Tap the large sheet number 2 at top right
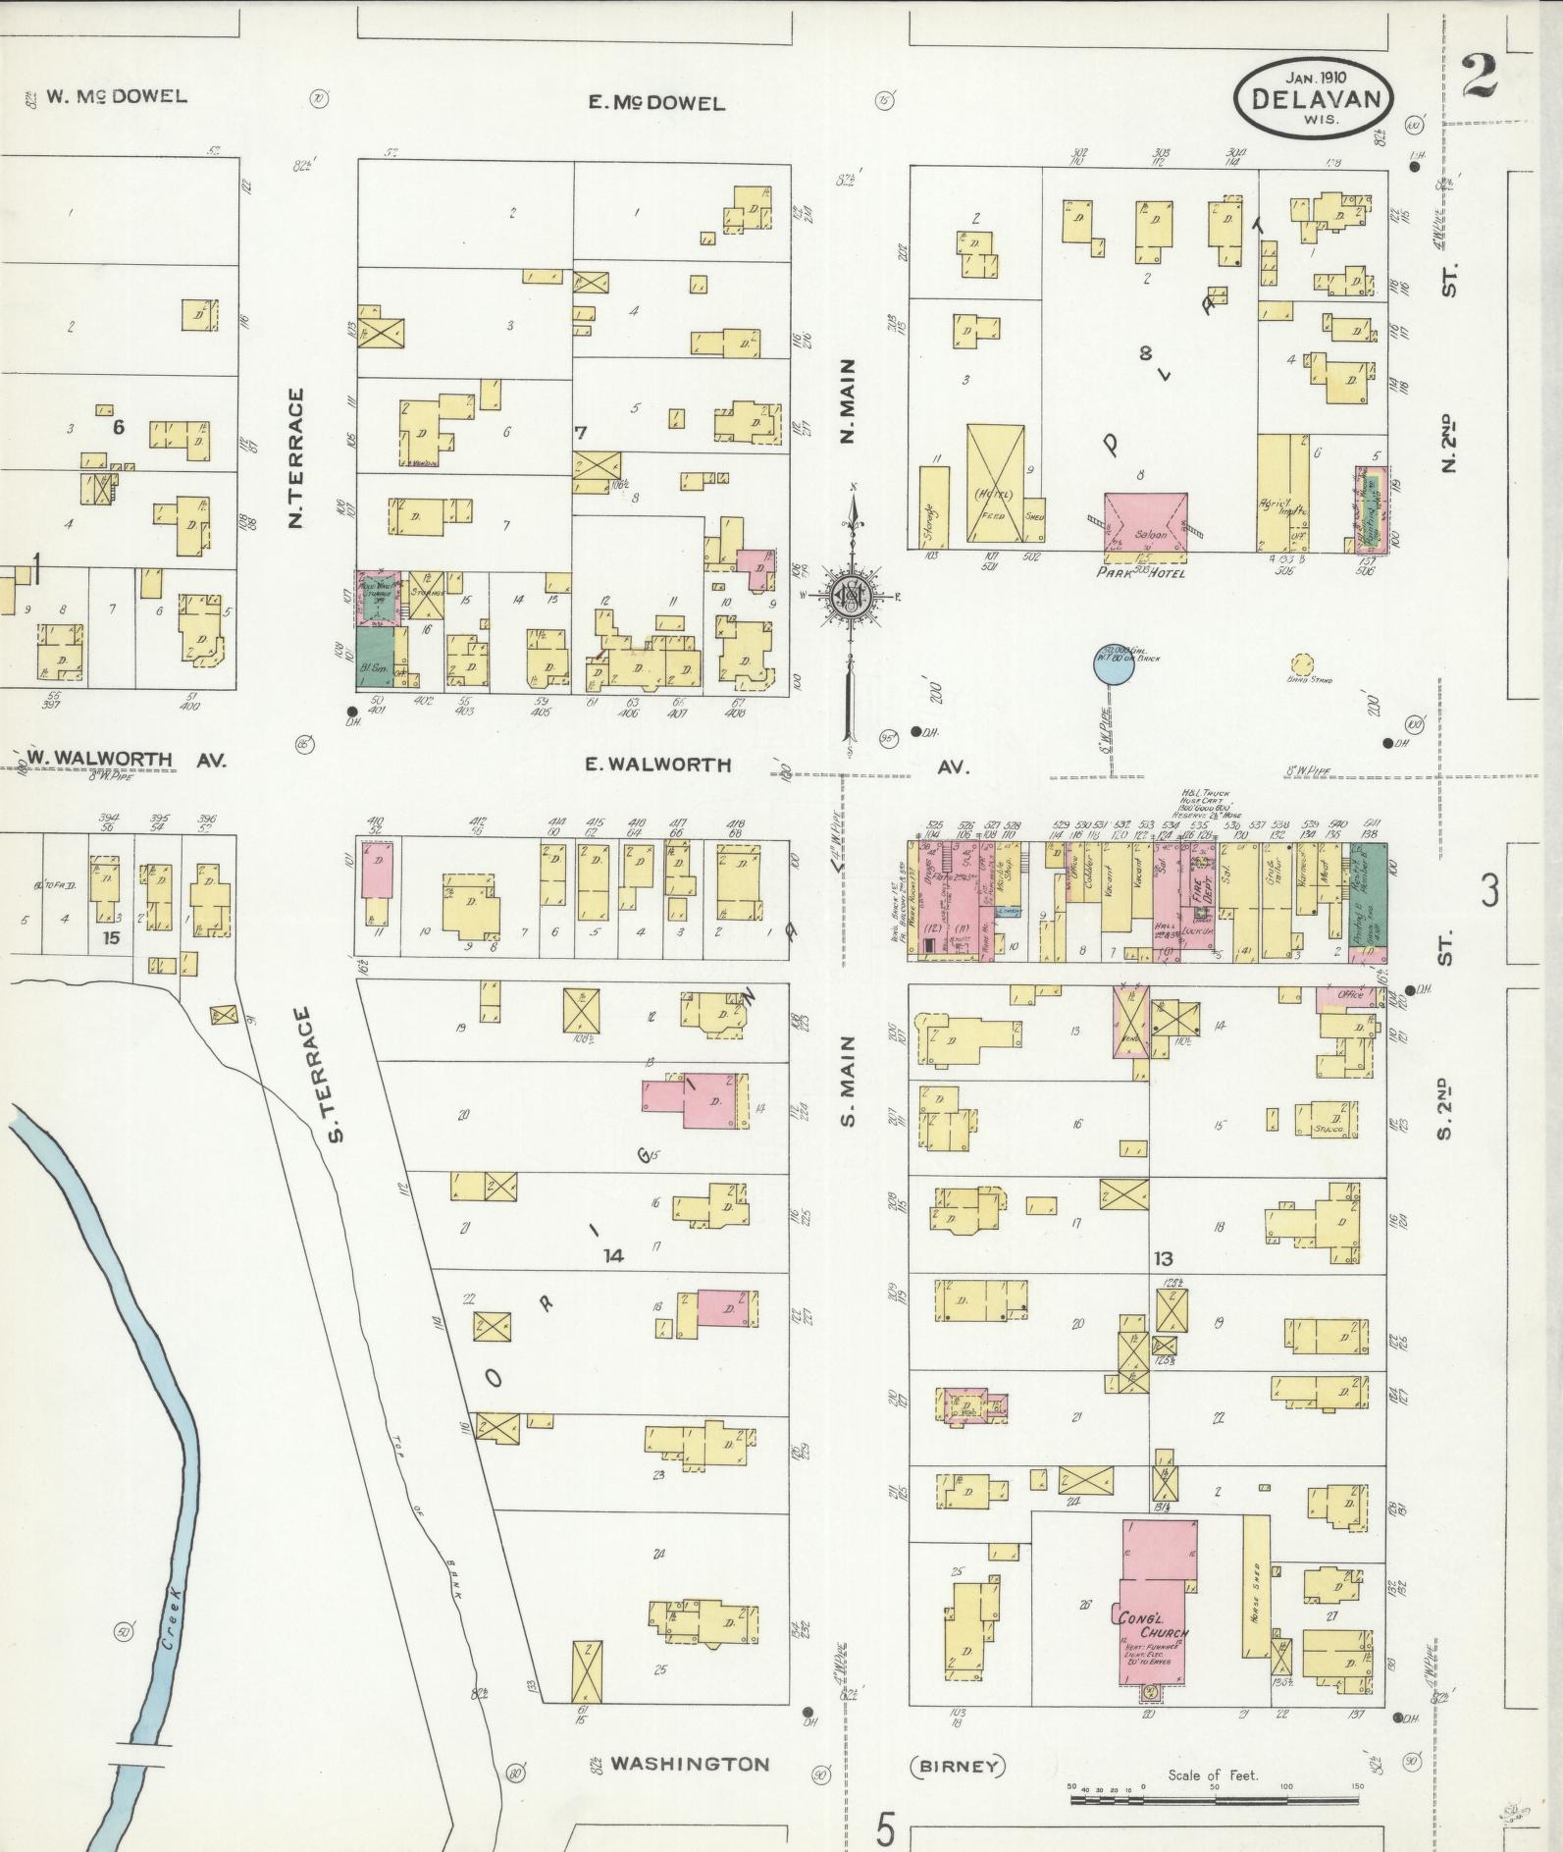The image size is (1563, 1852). coord(1480,77)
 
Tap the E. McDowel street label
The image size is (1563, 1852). coord(656,103)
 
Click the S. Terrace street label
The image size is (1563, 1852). coord(333,1076)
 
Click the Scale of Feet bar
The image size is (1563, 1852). coord(1217,1800)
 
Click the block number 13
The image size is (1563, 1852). coord(1164,1258)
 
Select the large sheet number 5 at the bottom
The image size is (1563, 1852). coord(887,1828)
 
